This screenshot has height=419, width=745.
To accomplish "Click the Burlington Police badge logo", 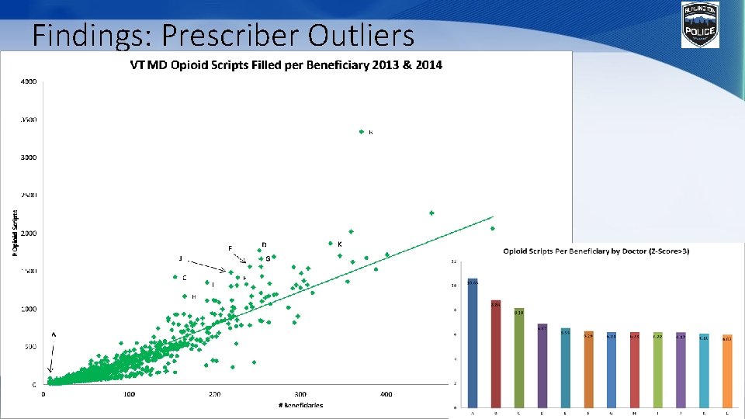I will coord(700,24).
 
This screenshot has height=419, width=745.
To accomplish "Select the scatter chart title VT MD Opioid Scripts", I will coord(285,65).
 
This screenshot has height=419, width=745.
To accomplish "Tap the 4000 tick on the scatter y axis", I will coord(28,81).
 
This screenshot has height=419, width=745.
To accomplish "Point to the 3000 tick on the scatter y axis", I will coord(28,158).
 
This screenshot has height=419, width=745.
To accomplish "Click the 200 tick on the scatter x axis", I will coord(214,394).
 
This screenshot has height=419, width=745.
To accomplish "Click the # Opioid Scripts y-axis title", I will coord(15,232).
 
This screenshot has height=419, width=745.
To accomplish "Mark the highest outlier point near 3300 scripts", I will coord(362,132).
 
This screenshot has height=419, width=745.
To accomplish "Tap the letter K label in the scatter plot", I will coord(340,244).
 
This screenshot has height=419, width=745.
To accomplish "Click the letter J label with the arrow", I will coord(181,258).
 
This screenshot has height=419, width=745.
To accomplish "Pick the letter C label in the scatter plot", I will coord(184,278).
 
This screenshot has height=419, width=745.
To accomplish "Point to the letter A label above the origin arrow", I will coord(54,334).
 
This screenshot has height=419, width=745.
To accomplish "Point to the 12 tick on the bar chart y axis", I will coord(454,261).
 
